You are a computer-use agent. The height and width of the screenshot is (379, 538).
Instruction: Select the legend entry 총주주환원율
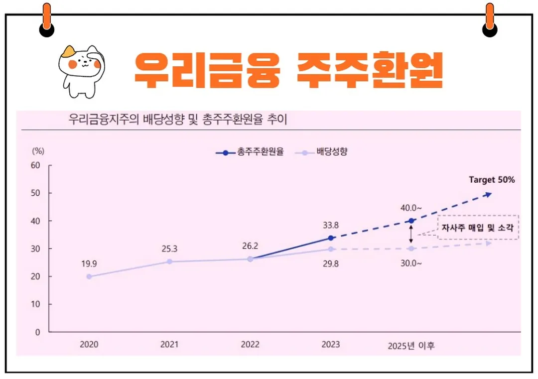(x=250, y=152)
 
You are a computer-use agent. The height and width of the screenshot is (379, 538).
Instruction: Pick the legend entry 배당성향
(x=321, y=152)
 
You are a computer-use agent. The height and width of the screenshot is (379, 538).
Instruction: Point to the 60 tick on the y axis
(x=35, y=165)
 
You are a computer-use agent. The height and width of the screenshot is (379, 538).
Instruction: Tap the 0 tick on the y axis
(x=37, y=332)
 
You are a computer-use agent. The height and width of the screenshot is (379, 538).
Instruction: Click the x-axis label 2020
(x=89, y=345)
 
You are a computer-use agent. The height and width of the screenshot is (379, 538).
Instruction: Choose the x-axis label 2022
(x=250, y=345)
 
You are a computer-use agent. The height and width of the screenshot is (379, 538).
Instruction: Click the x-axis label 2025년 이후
(x=411, y=346)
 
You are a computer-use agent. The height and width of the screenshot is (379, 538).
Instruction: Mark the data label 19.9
(x=89, y=263)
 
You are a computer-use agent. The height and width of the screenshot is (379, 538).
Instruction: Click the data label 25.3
(x=169, y=249)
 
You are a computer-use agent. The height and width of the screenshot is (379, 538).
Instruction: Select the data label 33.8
(x=331, y=225)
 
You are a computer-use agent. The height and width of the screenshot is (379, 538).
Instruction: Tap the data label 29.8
(x=331, y=263)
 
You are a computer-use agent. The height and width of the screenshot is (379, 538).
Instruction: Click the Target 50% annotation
(x=492, y=180)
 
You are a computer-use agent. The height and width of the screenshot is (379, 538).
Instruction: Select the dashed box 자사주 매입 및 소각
(x=478, y=228)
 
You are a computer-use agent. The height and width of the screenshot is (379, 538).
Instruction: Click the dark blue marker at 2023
(x=331, y=238)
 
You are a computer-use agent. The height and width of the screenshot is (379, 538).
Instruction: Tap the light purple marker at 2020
(x=89, y=276)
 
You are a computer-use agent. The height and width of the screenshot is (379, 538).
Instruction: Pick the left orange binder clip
(x=47, y=20)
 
